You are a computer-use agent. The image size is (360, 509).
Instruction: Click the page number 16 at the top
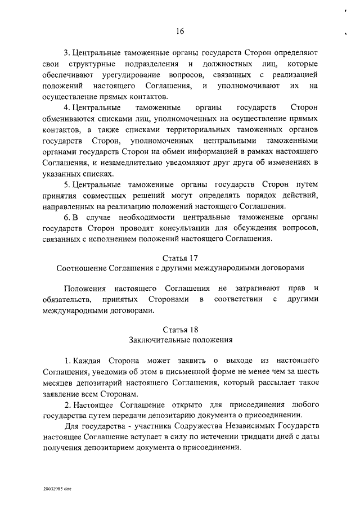point(179,31)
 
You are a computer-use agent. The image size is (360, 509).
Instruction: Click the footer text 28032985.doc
point(55,489)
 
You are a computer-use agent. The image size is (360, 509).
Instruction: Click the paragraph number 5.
point(66,185)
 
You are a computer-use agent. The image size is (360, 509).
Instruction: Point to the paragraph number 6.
point(66,218)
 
